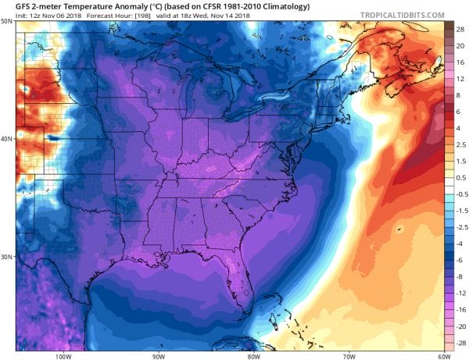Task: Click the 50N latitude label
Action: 6,22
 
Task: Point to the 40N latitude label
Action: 6,140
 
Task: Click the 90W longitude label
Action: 158,355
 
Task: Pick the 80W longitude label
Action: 253,355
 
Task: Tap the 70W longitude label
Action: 349,355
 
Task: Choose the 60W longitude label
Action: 443,355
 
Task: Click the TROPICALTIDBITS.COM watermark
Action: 403,15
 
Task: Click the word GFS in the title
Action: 11,5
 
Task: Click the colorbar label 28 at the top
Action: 460,28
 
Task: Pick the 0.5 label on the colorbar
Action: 460,177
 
